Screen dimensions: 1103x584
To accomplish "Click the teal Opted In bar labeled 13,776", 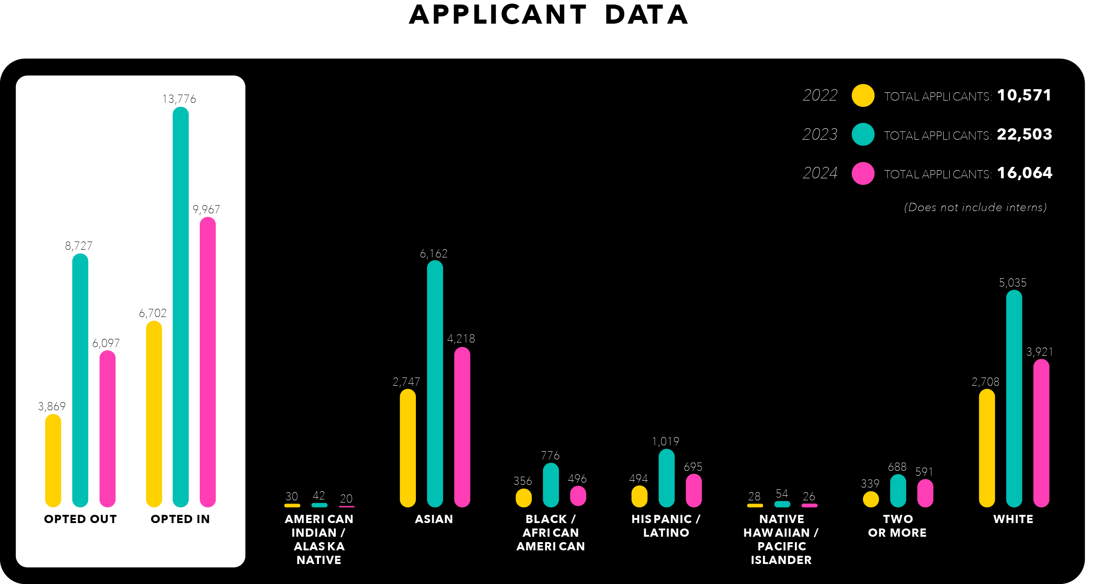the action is (x=181, y=307).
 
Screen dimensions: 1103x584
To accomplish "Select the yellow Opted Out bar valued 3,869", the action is (x=53, y=460).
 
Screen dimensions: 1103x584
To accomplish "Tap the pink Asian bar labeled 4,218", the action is (x=462, y=427).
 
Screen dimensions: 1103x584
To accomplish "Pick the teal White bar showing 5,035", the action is (x=1014, y=398).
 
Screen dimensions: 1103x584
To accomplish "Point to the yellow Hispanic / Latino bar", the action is (x=639, y=496).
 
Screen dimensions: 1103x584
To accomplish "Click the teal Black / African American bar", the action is (x=551, y=485).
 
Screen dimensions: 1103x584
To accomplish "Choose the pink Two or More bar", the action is (x=925, y=493).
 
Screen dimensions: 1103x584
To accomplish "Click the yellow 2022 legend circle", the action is (x=863, y=96).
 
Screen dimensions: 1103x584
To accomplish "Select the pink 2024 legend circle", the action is (x=863, y=173).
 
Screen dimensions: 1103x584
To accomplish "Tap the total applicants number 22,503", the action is (x=1024, y=134).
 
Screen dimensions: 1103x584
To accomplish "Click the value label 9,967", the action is (x=206, y=209).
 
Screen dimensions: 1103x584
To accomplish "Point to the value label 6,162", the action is (x=434, y=253).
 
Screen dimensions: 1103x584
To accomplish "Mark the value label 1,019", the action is (x=665, y=441).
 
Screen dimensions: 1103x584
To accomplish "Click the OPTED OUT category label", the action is (x=81, y=519).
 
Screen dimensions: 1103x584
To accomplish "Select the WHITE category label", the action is (x=1013, y=519).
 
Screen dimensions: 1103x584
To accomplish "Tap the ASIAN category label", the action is (x=434, y=519).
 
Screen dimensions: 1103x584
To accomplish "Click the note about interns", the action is (x=975, y=207).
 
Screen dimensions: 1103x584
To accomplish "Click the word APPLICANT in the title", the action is (x=498, y=15).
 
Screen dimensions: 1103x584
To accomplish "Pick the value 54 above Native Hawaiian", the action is (x=782, y=493).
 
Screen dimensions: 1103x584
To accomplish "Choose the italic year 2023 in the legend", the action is (x=820, y=134).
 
